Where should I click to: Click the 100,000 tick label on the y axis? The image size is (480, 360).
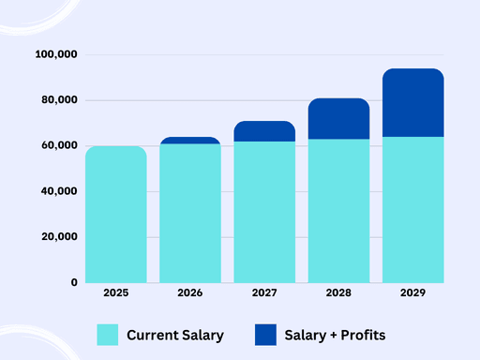click(x=56, y=54)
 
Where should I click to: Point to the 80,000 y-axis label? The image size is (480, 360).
click(x=59, y=100)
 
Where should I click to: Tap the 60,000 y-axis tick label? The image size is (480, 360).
click(x=59, y=145)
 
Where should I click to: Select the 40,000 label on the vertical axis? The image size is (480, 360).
click(x=59, y=191)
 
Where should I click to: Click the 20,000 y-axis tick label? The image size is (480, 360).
click(x=59, y=237)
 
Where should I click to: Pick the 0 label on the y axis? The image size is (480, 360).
click(x=74, y=282)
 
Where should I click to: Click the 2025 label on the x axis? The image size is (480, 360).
click(x=116, y=292)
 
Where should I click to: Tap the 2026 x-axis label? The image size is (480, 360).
click(x=190, y=292)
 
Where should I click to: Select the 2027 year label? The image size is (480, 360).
click(x=264, y=292)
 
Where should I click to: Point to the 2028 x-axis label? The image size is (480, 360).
click(x=338, y=292)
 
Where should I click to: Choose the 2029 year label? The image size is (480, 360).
click(x=413, y=292)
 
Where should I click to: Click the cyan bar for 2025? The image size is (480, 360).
click(x=116, y=215)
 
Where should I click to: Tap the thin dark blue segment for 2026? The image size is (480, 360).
click(x=190, y=141)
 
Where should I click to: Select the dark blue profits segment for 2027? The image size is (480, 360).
click(x=264, y=131)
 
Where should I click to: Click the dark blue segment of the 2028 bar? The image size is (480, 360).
click(x=338, y=119)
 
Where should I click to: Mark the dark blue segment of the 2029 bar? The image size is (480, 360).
click(x=413, y=103)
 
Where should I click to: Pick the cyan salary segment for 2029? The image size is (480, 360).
click(x=413, y=210)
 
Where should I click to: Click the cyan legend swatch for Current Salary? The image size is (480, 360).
click(x=108, y=335)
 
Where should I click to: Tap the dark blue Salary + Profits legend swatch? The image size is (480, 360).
click(x=265, y=335)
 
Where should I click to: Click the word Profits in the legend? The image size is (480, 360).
click(x=363, y=335)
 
